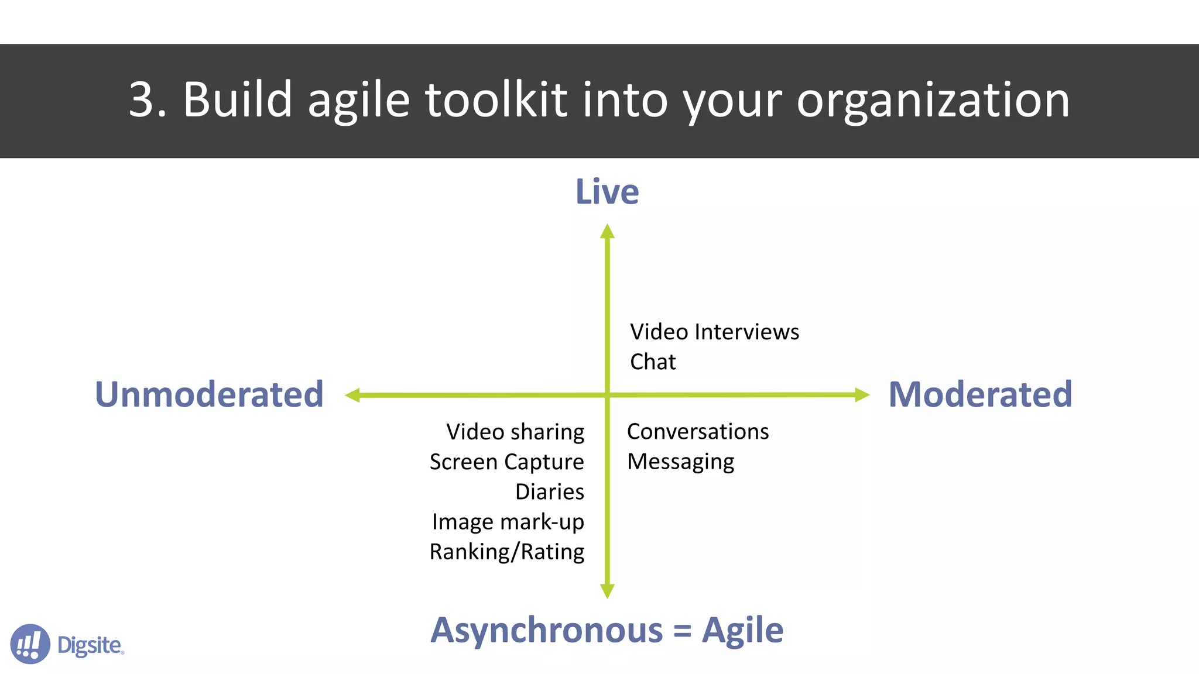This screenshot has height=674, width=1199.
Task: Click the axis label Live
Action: tap(607, 192)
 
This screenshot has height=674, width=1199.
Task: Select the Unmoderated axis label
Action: tap(209, 394)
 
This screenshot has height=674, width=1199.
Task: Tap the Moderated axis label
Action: tap(980, 394)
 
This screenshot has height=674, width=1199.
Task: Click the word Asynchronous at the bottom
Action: tap(547, 631)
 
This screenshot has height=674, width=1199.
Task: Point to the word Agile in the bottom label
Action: tap(742, 631)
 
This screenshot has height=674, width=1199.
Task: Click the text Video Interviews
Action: tap(714, 332)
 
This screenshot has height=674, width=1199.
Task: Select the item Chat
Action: tap(653, 362)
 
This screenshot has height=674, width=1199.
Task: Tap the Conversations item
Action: tap(698, 432)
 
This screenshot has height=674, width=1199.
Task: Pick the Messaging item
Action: tap(680, 462)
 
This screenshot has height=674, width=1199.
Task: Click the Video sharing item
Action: tap(515, 432)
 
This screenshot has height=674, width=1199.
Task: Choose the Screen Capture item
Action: tap(507, 462)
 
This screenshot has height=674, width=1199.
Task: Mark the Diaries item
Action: tap(550, 492)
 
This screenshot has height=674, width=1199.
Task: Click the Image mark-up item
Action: tap(508, 522)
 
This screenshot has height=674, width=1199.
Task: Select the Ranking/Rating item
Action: tap(507, 552)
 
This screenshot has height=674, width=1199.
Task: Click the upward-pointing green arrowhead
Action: tap(607, 232)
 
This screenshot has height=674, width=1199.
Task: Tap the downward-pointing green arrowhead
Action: tap(607, 591)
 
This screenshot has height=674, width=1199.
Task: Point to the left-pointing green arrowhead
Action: tap(352, 396)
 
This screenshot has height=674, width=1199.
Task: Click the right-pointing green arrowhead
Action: tap(862, 395)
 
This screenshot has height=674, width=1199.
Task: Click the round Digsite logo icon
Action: tap(30, 644)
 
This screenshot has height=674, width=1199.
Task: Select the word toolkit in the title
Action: tap(495, 100)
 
